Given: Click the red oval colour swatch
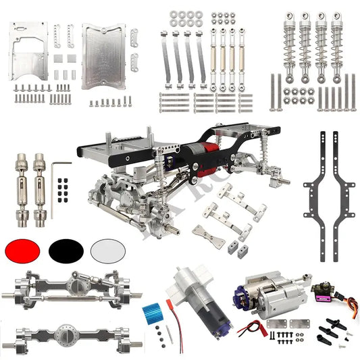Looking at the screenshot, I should click(22, 251).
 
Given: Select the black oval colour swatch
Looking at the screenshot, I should click(66, 251).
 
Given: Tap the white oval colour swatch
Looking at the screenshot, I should click(109, 251).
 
